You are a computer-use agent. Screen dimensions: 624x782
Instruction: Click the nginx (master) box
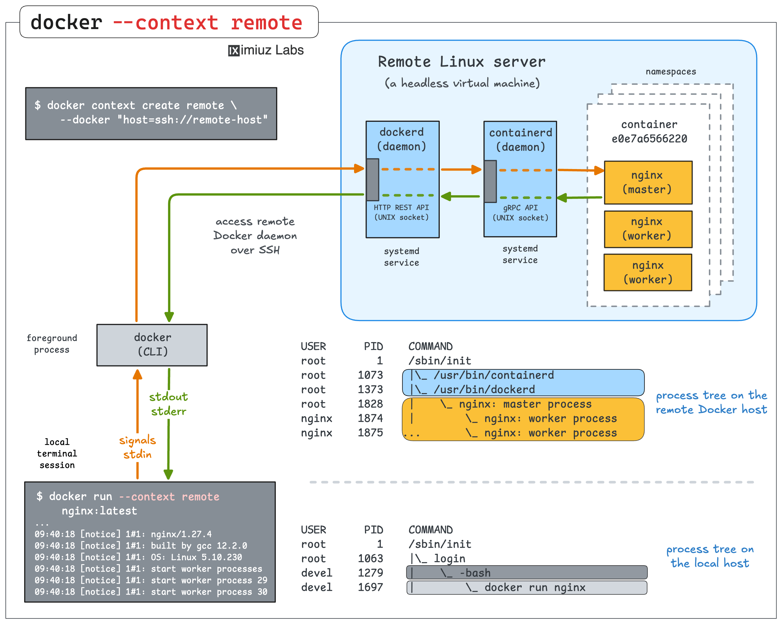648,182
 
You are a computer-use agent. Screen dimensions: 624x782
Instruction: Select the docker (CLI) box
152,345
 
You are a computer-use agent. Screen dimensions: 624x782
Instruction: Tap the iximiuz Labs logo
266,50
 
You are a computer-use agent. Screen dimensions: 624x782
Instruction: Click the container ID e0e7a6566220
649,139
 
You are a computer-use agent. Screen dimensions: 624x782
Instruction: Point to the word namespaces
671,71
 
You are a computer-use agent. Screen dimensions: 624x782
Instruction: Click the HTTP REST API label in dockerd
401,207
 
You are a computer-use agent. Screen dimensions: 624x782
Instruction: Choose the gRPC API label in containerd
520,208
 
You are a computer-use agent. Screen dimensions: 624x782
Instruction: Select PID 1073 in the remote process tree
370,375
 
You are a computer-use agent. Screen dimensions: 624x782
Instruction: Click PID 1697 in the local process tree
370,587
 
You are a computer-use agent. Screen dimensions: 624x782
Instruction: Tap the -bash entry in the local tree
475,573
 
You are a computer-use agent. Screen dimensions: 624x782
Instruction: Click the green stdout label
169,397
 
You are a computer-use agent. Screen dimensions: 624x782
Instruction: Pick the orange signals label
137,440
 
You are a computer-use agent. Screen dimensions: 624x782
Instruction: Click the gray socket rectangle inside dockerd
372,180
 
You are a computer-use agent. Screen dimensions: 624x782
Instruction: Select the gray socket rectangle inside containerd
490,181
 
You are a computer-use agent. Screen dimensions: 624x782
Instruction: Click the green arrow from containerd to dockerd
460,196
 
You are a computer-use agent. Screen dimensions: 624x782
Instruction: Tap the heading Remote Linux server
461,62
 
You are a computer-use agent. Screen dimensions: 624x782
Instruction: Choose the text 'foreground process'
52,344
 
